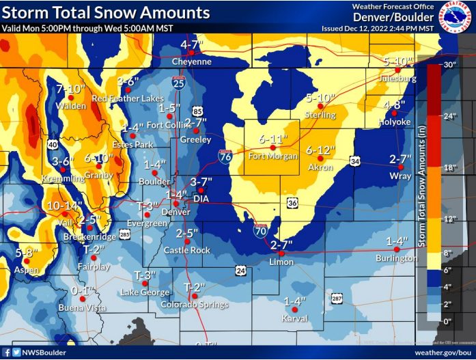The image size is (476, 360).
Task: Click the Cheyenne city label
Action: (191, 61)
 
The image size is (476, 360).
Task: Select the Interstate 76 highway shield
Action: (225, 156)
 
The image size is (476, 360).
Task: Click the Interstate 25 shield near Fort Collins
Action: (178, 83)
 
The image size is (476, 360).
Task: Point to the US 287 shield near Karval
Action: (337, 299)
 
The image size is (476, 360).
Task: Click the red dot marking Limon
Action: (281, 253)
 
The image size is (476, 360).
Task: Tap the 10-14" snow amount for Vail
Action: (64, 204)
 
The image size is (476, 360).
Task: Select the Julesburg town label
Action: (398, 79)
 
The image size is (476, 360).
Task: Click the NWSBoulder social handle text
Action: (43, 352)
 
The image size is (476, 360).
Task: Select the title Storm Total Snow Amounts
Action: (106, 13)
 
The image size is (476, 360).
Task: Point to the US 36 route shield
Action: (292, 203)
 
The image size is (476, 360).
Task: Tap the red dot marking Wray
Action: (402, 167)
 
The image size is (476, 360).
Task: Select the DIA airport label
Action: (201, 199)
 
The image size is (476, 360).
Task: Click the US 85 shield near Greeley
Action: (197, 111)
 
